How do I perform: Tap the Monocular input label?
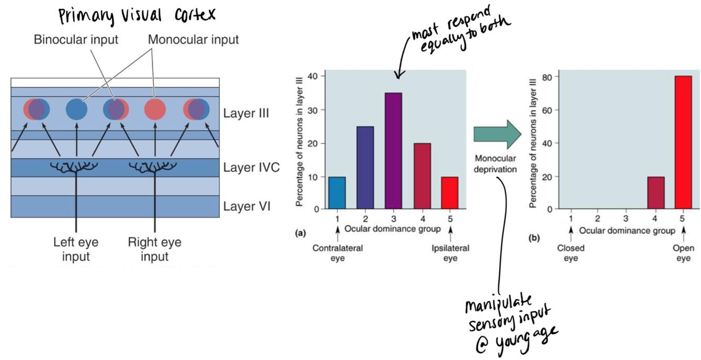click(x=193, y=40)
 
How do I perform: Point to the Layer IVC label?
click(x=251, y=168)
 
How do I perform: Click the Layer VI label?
click(x=246, y=206)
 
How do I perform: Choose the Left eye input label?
click(x=76, y=250)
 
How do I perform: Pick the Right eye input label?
click(x=154, y=250)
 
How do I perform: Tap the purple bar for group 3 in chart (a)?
click(x=393, y=151)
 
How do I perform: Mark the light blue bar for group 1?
click(x=337, y=192)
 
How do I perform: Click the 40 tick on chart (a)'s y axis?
click(x=314, y=77)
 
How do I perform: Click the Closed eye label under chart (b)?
click(x=571, y=253)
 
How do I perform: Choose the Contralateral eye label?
click(x=337, y=253)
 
